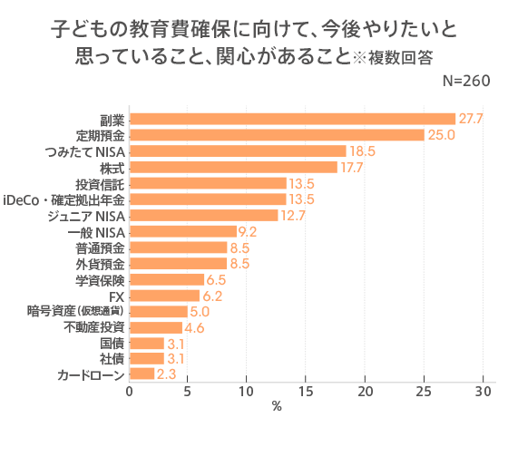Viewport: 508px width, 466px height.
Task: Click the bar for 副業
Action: [x=292, y=119]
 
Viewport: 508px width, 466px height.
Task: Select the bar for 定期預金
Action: [x=277, y=135]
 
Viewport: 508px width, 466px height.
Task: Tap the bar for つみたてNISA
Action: [x=238, y=150]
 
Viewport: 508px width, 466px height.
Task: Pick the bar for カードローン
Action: [x=142, y=374]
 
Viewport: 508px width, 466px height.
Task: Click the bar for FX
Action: [x=164, y=296]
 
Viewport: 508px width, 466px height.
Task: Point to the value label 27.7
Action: [x=471, y=119]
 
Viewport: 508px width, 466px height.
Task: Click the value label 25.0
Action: [x=441, y=135]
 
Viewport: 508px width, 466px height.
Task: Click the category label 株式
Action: [x=112, y=167]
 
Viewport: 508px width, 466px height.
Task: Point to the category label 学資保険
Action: [x=100, y=279]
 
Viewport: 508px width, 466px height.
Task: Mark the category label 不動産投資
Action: [x=94, y=327]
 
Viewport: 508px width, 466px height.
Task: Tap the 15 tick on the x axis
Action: [x=307, y=392]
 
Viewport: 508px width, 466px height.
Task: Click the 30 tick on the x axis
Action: [x=483, y=392]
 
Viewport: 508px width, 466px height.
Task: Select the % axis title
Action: [x=277, y=407]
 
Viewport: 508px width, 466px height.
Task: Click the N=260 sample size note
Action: [x=465, y=81]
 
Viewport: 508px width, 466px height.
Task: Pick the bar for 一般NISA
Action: [x=182, y=231]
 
